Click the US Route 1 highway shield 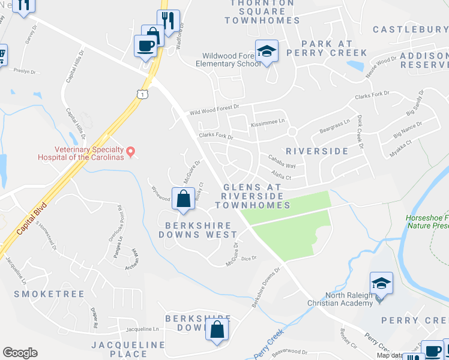click(x=142, y=94)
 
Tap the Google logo click(x=20, y=353)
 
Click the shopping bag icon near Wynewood click(x=184, y=199)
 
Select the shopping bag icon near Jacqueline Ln click(x=217, y=329)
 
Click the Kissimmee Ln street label click(x=268, y=121)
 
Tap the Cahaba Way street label click(x=282, y=166)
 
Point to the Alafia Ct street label click(x=281, y=178)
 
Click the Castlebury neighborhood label click(x=410, y=29)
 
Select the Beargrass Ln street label click(x=334, y=125)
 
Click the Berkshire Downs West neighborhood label click(x=198, y=229)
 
